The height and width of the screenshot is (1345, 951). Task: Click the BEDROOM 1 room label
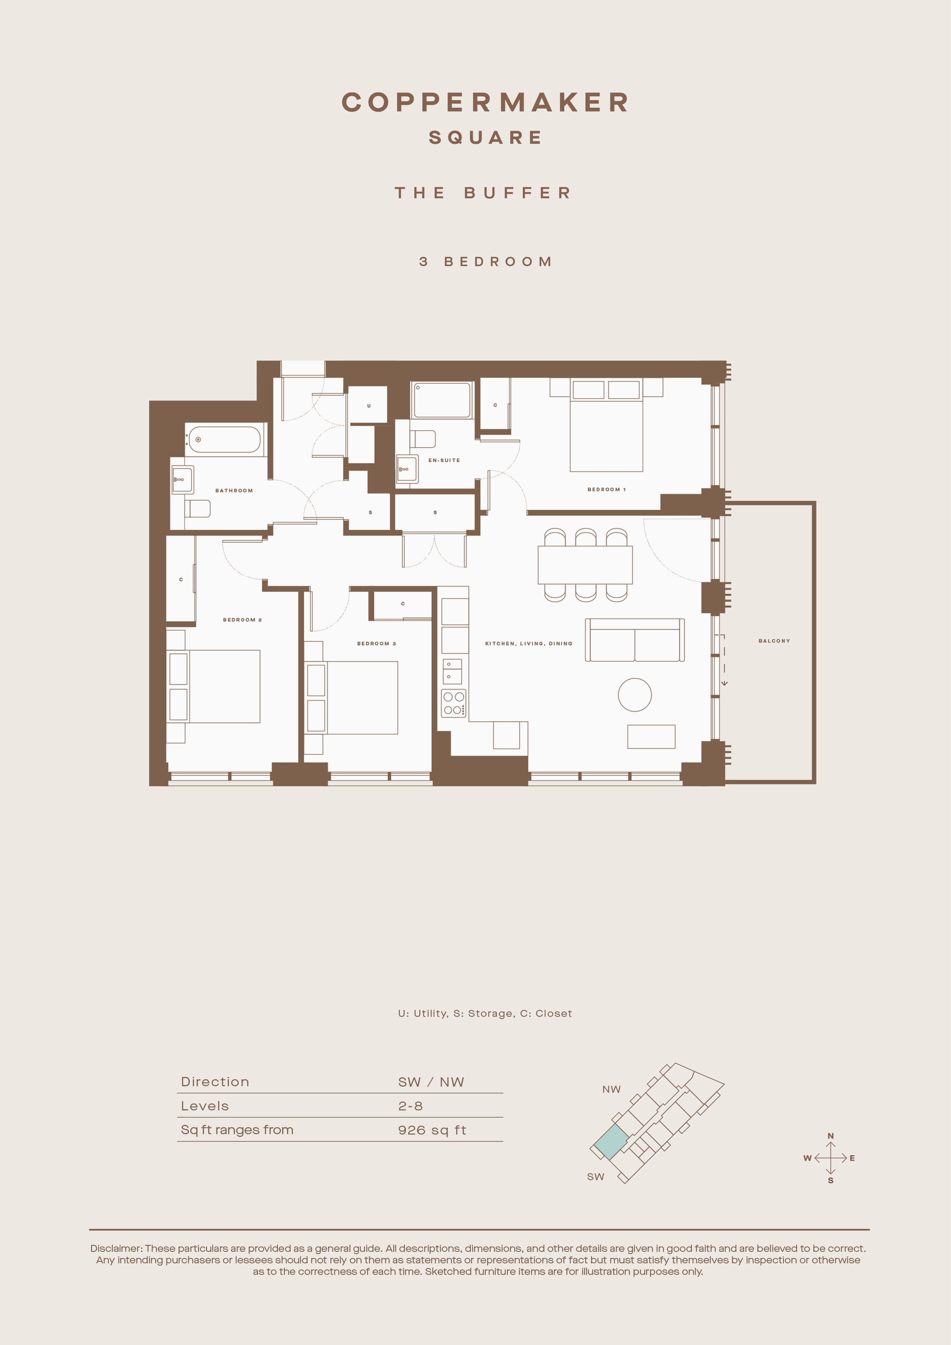607,489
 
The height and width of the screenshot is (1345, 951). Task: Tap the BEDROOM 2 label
242,620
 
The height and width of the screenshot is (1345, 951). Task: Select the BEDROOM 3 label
376,644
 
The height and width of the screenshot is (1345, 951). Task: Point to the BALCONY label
774,641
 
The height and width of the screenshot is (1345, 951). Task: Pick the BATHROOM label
234,491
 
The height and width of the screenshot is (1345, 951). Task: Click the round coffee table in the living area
635,695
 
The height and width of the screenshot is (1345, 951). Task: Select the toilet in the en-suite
423,439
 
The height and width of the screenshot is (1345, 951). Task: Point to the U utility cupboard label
369,405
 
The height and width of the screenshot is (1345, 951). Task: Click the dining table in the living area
585,565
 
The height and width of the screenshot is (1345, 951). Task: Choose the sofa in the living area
635,640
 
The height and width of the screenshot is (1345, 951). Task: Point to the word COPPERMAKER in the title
485,102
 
